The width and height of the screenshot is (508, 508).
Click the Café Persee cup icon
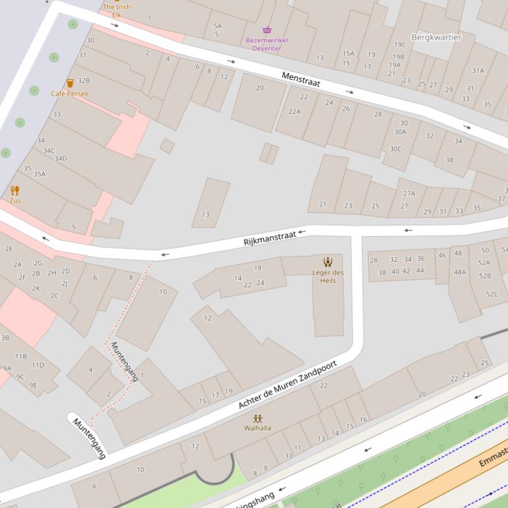pos(70,83)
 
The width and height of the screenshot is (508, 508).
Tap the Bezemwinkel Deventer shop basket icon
pos(267,30)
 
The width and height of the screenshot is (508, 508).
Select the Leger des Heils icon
pos(328,262)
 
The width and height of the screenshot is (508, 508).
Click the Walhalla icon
pos(257,418)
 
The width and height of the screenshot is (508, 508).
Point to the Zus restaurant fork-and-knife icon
pos(15,191)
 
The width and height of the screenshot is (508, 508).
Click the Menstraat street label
pos(301,80)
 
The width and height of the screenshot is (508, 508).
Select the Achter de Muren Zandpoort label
pos(288,385)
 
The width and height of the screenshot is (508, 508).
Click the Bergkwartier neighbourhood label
pos(436,37)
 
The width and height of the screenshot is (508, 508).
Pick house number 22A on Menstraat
pos(294,111)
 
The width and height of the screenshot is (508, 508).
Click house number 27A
pos(409,193)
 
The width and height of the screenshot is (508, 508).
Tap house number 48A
pos(459,272)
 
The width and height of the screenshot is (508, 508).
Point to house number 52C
pos(492,294)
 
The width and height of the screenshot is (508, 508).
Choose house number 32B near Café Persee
pos(84,80)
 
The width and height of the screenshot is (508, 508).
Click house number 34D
pos(61,158)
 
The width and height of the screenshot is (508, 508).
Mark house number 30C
pos(395,149)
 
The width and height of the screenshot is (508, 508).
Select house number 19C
pos(399,45)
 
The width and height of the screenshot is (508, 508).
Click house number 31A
pos(478,71)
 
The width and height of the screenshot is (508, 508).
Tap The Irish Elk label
pos(116,11)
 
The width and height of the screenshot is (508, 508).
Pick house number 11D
pos(38,365)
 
